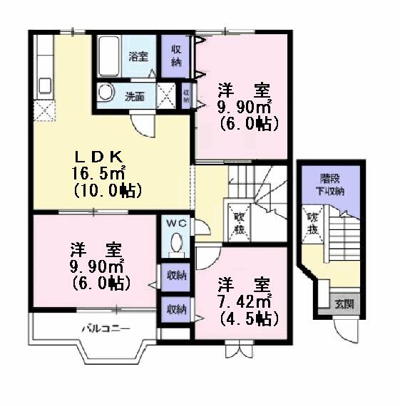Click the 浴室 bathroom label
click(x=137, y=55)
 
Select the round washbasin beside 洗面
click(x=106, y=93)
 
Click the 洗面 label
click(x=135, y=96)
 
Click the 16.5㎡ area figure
click(x=98, y=173)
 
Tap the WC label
click(x=176, y=223)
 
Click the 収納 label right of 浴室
click(x=177, y=56)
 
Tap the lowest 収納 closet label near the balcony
click(x=176, y=309)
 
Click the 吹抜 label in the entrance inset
click(x=312, y=224)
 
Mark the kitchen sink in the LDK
click(x=44, y=86)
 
